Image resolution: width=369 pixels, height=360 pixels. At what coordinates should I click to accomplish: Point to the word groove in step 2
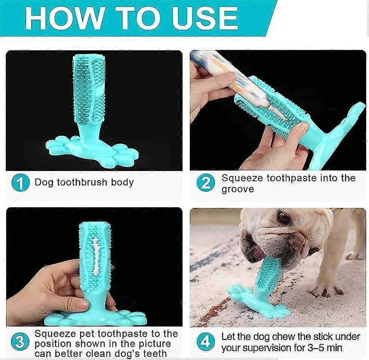click(238, 189)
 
